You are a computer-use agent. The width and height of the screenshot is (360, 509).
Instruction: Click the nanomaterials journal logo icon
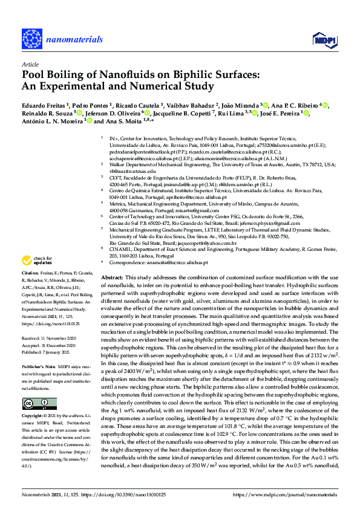(x=34, y=37)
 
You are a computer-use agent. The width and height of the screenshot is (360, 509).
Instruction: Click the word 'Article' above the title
(x=30, y=64)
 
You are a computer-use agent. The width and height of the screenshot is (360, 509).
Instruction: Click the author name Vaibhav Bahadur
(x=188, y=104)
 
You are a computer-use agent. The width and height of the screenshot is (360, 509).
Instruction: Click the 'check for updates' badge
(x=36, y=277)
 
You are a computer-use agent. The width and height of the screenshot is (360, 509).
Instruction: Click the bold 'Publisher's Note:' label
(x=39, y=367)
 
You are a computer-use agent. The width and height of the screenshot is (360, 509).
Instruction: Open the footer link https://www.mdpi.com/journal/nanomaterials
(x=289, y=494)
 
